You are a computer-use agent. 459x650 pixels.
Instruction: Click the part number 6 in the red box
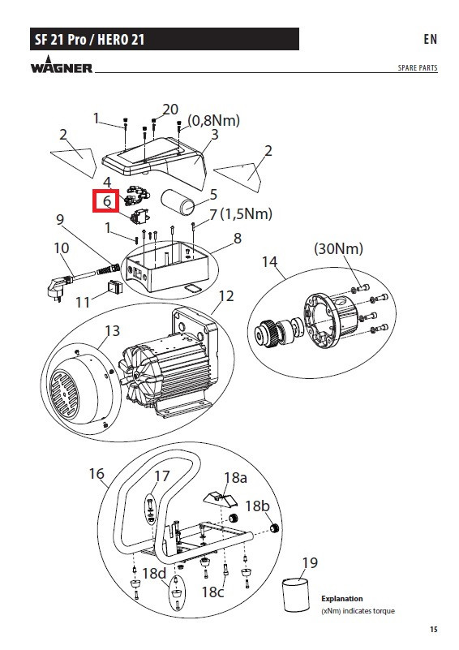coord(107,201)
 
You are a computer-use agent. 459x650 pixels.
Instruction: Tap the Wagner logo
coord(62,65)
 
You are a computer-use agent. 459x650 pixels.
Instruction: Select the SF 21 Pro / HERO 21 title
coord(89,40)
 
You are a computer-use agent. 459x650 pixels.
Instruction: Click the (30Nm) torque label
coord(338,248)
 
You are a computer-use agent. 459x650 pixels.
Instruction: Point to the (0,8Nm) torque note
coord(214,120)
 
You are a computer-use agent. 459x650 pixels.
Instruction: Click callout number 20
coord(170,110)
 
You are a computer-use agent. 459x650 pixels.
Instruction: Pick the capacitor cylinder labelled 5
coord(178,202)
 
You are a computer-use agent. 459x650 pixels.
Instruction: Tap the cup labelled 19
coord(296,595)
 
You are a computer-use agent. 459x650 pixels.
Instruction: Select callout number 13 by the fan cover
coord(112,330)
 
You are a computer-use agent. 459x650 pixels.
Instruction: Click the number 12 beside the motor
coord(226,296)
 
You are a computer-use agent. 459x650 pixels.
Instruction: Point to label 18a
coord(235,478)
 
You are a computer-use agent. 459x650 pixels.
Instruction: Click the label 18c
coord(212,592)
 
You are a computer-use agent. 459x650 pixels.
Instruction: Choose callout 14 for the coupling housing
coord(269,261)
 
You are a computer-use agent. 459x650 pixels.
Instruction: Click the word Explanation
coord(341,599)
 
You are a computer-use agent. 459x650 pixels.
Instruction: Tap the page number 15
coord(433,629)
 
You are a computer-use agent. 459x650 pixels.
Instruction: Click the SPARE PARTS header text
coord(418,67)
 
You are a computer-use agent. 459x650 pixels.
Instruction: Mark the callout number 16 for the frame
coord(97,473)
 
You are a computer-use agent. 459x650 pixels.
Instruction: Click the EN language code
coord(430,39)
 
